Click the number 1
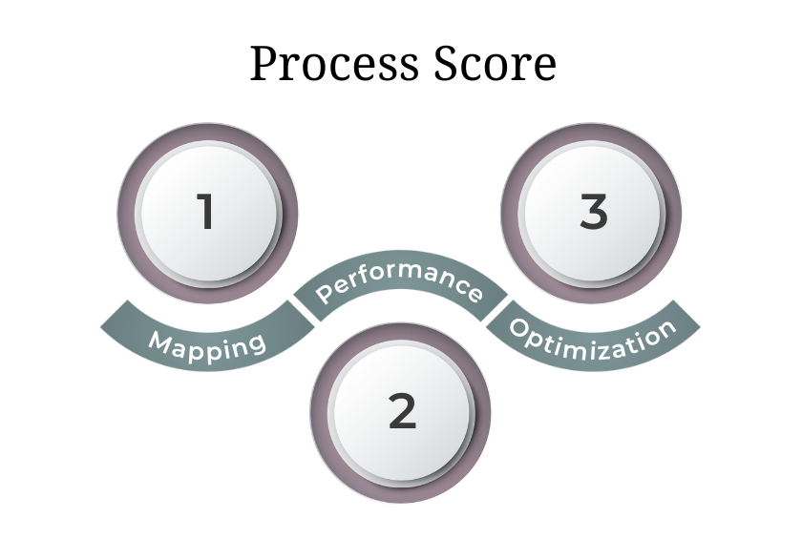(x=205, y=212)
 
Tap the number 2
(x=402, y=412)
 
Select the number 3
(x=593, y=212)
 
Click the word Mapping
(x=207, y=342)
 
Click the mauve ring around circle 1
(x=128, y=212)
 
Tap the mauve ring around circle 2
(x=322, y=412)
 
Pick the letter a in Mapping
(x=181, y=344)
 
